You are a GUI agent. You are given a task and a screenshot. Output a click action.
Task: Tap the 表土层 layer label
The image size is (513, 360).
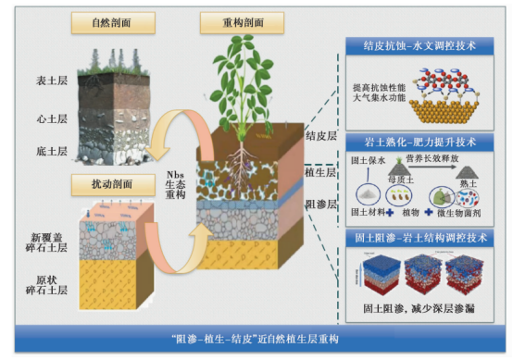tap(49, 82)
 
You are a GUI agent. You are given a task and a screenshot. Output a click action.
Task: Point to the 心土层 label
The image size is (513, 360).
tap(49, 118)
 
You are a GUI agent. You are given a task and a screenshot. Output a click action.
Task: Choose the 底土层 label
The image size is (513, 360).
tap(49, 151)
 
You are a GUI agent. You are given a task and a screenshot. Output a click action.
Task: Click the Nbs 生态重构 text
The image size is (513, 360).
tap(177, 185)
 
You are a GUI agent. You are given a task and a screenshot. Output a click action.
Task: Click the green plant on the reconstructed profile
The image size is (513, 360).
tap(245, 83)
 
